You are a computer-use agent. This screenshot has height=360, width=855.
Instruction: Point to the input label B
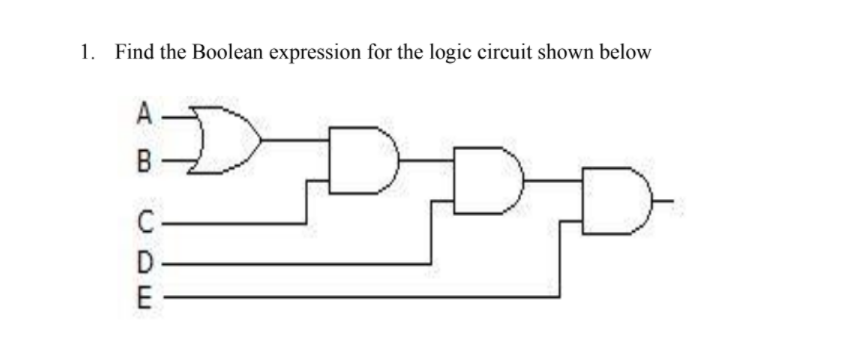coord(145,158)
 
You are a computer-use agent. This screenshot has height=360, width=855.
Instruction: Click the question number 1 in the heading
coord(86,52)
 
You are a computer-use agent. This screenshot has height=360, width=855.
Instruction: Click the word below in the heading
coord(625,52)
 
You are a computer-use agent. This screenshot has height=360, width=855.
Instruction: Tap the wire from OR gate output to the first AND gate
coord(295,137)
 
